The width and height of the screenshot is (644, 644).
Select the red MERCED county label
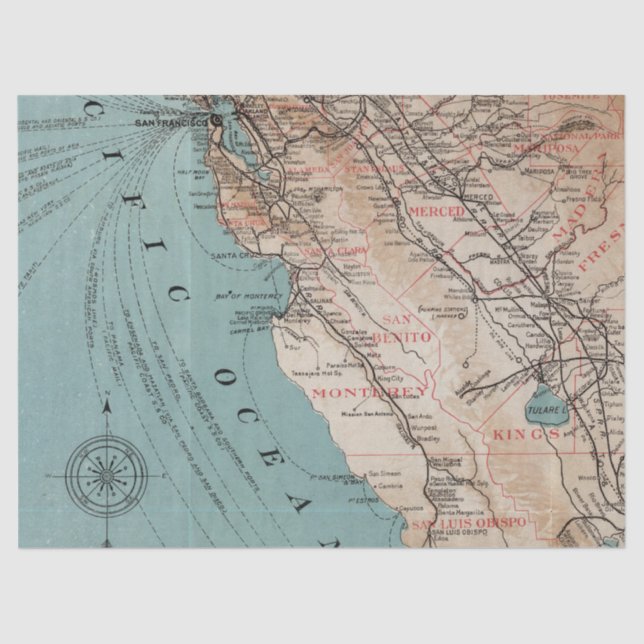click(x=438, y=212)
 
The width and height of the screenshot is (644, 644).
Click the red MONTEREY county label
click(x=360, y=393)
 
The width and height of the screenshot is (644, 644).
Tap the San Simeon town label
click(x=387, y=472)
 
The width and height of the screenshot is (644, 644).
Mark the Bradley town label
click(x=401, y=436)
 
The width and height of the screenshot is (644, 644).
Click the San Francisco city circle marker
click(x=216, y=121)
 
